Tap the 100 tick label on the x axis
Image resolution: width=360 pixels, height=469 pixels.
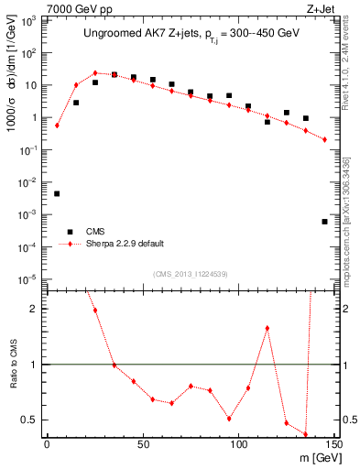(x=238, y=445)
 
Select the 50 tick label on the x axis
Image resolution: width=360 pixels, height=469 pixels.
(x=142, y=445)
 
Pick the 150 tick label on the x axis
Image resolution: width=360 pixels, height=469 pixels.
(x=333, y=445)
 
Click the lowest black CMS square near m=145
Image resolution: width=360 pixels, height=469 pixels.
(x=325, y=222)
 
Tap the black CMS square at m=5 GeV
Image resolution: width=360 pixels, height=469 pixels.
(x=57, y=193)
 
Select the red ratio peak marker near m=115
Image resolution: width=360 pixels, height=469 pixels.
(x=267, y=328)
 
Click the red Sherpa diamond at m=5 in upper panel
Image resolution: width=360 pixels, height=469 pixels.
(x=57, y=125)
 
